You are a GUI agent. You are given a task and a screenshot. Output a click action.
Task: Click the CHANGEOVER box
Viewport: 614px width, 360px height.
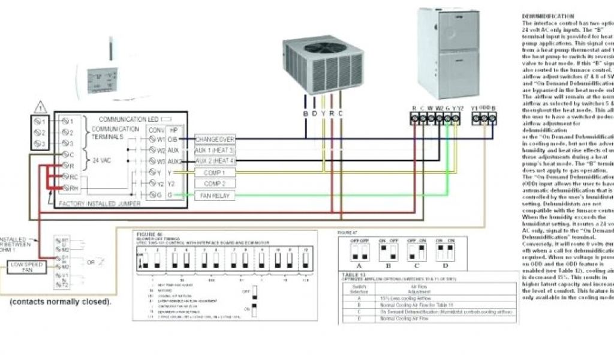pyautogui.click(x=215, y=139)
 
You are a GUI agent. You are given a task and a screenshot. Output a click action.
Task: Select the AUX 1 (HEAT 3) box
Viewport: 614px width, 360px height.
pyautogui.click(x=215, y=150)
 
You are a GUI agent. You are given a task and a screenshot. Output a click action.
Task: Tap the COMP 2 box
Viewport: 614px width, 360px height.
pyautogui.click(x=215, y=184)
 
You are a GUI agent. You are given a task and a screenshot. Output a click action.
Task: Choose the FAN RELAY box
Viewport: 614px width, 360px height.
pyautogui.click(x=215, y=196)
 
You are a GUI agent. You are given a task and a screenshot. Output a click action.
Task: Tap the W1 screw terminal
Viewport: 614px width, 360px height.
pyautogui.click(x=143, y=139)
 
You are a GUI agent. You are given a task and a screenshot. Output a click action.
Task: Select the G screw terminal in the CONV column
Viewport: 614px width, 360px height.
pyautogui.click(x=143, y=195)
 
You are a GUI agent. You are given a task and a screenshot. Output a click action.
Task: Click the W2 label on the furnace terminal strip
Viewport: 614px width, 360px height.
pyautogui.click(x=440, y=108)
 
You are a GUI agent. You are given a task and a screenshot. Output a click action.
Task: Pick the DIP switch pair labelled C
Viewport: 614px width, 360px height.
pyautogui.click(x=416, y=250)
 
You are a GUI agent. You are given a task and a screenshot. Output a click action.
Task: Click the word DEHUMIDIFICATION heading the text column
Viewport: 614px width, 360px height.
pyautogui.click(x=548, y=16)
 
